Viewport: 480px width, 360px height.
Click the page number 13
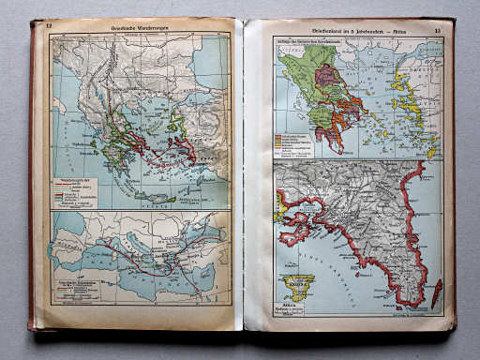coord(438,32)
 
